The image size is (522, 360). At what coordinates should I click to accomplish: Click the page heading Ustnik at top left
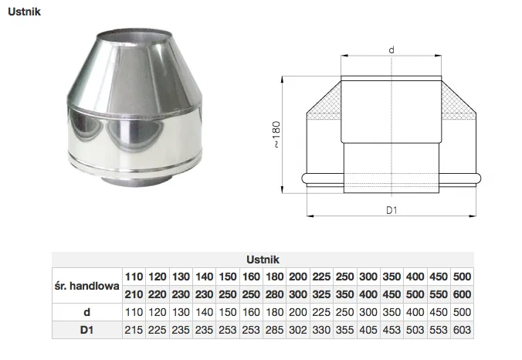(24, 12)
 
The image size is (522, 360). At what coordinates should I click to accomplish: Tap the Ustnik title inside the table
(263, 260)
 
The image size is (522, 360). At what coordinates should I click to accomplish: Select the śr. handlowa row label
(87, 286)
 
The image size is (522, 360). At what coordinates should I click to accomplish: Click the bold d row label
(87, 312)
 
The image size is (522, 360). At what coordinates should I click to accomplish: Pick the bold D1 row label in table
(86, 330)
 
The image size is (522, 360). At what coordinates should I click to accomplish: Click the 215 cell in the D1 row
(134, 330)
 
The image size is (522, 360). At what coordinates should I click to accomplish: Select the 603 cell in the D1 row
(462, 330)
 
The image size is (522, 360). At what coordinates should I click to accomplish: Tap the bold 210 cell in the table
(134, 294)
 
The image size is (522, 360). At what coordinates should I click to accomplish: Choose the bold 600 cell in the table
(462, 294)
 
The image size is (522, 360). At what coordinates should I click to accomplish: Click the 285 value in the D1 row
(275, 330)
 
